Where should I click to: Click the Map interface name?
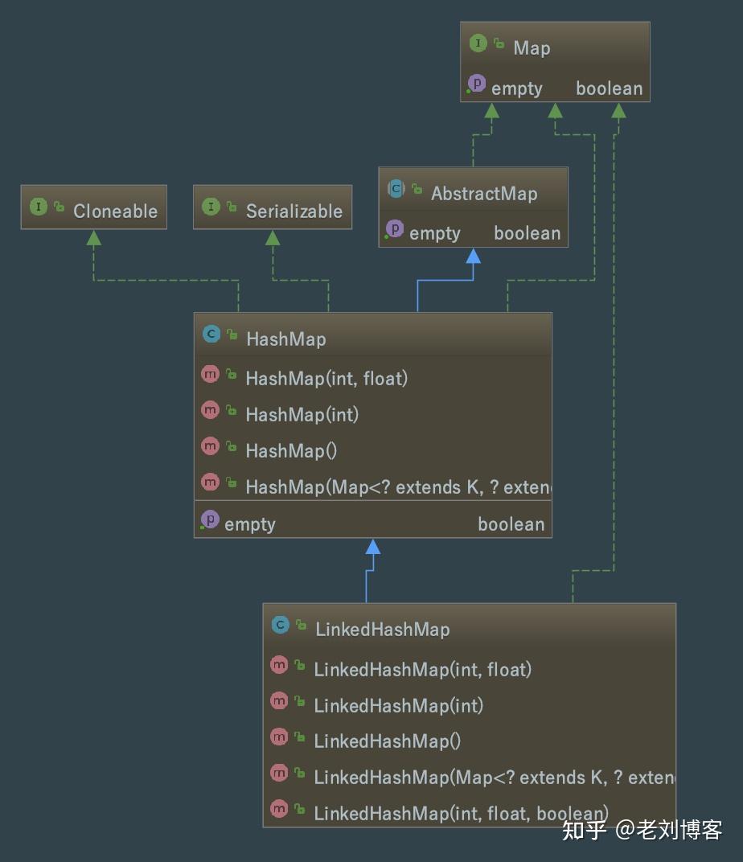(x=532, y=48)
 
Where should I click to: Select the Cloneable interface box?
(x=94, y=207)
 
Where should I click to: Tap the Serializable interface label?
(x=294, y=211)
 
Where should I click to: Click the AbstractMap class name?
(x=483, y=194)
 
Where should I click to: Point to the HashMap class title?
(x=285, y=339)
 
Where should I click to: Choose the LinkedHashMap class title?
(x=382, y=630)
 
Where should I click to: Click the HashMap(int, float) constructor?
(x=326, y=378)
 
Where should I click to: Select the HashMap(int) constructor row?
(x=302, y=414)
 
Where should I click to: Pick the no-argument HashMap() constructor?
(x=291, y=450)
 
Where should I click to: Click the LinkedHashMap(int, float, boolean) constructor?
(x=461, y=813)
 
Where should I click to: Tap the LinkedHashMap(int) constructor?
(x=398, y=705)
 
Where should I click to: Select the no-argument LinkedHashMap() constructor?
(x=387, y=741)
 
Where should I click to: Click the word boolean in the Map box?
(x=609, y=88)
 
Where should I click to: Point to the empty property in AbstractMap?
(x=434, y=233)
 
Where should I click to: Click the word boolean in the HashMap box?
(x=511, y=524)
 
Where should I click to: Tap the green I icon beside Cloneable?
(x=39, y=207)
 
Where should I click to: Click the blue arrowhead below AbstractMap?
(x=473, y=257)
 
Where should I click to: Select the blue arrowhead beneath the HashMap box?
(x=372, y=547)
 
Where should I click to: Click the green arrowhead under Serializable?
(x=273, y=237)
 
